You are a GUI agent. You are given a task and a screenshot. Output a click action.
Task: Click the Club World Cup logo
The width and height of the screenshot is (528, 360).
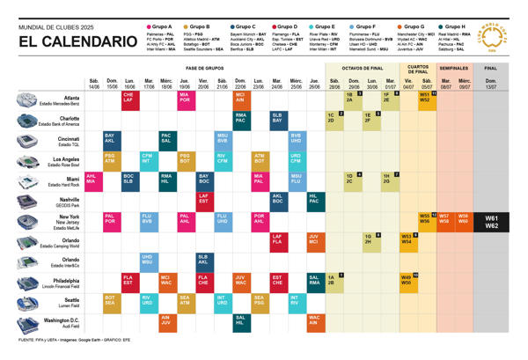pyautogui.click(x=508, y=40)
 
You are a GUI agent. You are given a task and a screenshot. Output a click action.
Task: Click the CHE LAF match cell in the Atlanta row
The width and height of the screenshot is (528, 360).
pyautogui.click(x=128, y=99)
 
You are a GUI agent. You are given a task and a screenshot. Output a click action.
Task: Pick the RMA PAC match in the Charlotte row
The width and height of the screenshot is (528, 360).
pyautogui.click(x=240, y=119)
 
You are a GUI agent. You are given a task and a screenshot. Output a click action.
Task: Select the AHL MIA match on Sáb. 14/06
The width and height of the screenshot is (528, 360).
pyautogui.click(x=92, y=179)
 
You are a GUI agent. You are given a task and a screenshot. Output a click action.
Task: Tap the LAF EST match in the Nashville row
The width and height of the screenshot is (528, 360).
pyautogui.click(x=203, y=199)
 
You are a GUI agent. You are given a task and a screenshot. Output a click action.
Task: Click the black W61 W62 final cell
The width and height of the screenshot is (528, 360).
pyautogui.click(x=492, y=220)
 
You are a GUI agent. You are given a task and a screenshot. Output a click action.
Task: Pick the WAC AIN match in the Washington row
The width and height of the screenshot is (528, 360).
pyautogui.click(x=314, y=320)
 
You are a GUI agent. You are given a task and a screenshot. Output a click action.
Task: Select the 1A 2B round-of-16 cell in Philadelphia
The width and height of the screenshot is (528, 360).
pyautogui.click(x=334, y=281)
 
